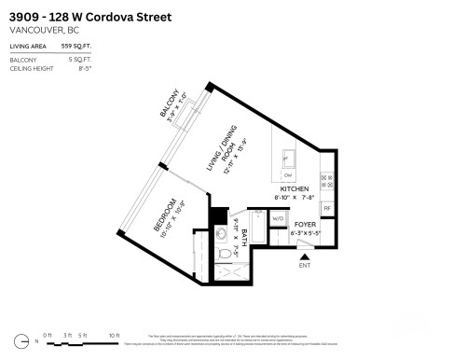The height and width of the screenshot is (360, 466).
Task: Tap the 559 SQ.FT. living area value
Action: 76,46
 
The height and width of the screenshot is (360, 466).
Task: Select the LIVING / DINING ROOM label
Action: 219,153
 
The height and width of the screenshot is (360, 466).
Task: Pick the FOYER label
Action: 305,225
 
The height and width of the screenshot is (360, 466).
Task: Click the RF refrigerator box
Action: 326,208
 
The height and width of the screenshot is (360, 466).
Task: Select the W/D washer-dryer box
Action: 277,220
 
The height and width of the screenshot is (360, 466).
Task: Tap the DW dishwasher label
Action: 287,176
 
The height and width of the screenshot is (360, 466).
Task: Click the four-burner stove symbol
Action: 325,177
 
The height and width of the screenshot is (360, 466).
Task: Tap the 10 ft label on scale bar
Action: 114,334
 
